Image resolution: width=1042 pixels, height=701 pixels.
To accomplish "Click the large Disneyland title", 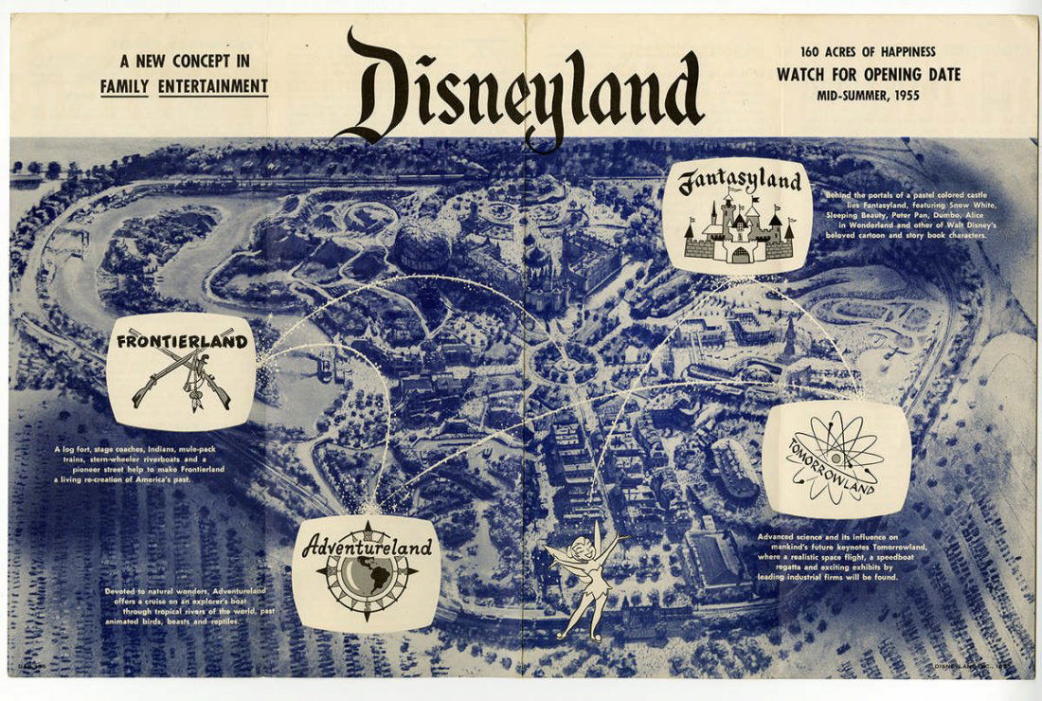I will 521,90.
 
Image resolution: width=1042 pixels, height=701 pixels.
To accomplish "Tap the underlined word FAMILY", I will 126,87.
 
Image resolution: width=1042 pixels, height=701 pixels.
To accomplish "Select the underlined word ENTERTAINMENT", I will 213,87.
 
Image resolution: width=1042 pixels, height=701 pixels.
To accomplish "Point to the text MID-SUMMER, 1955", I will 868,95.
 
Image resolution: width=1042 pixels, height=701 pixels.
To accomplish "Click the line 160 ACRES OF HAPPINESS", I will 868,52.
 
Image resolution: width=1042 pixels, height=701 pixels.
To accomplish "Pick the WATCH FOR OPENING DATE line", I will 868,74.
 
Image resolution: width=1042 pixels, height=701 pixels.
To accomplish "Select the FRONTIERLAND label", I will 182,341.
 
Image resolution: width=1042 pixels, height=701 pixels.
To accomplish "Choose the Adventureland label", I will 367,547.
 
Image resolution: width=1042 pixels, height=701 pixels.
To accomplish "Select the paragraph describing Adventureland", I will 189,606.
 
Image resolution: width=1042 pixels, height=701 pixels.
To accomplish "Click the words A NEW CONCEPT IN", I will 185,63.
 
